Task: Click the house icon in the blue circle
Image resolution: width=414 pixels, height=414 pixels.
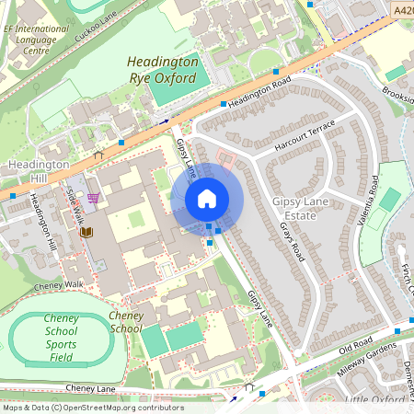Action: (x=207, y=199)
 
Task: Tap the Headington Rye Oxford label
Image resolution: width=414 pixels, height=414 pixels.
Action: (x=162, y=70)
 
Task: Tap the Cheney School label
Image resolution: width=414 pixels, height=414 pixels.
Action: (x=126, y=322)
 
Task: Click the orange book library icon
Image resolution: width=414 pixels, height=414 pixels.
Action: (x=86, y=234)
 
